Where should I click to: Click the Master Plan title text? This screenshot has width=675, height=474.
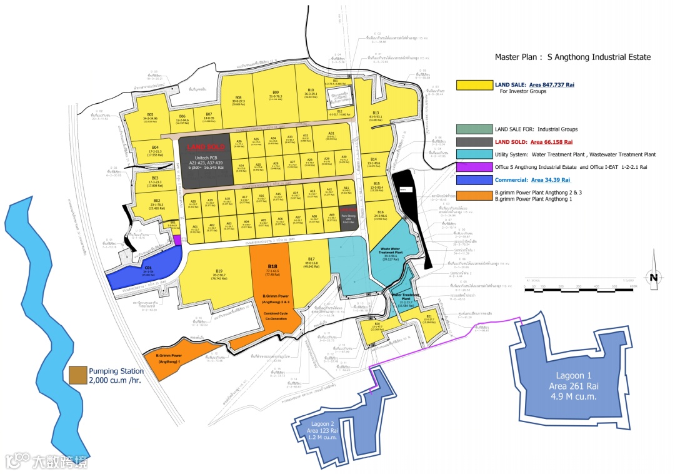tap(572, 57)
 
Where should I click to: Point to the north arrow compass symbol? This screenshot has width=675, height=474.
tap(653, 270)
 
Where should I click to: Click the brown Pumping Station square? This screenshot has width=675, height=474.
tap(77, 375)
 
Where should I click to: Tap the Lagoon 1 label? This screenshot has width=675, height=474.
tap(569, 385)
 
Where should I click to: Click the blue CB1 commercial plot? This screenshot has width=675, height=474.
tap(147, 271)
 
